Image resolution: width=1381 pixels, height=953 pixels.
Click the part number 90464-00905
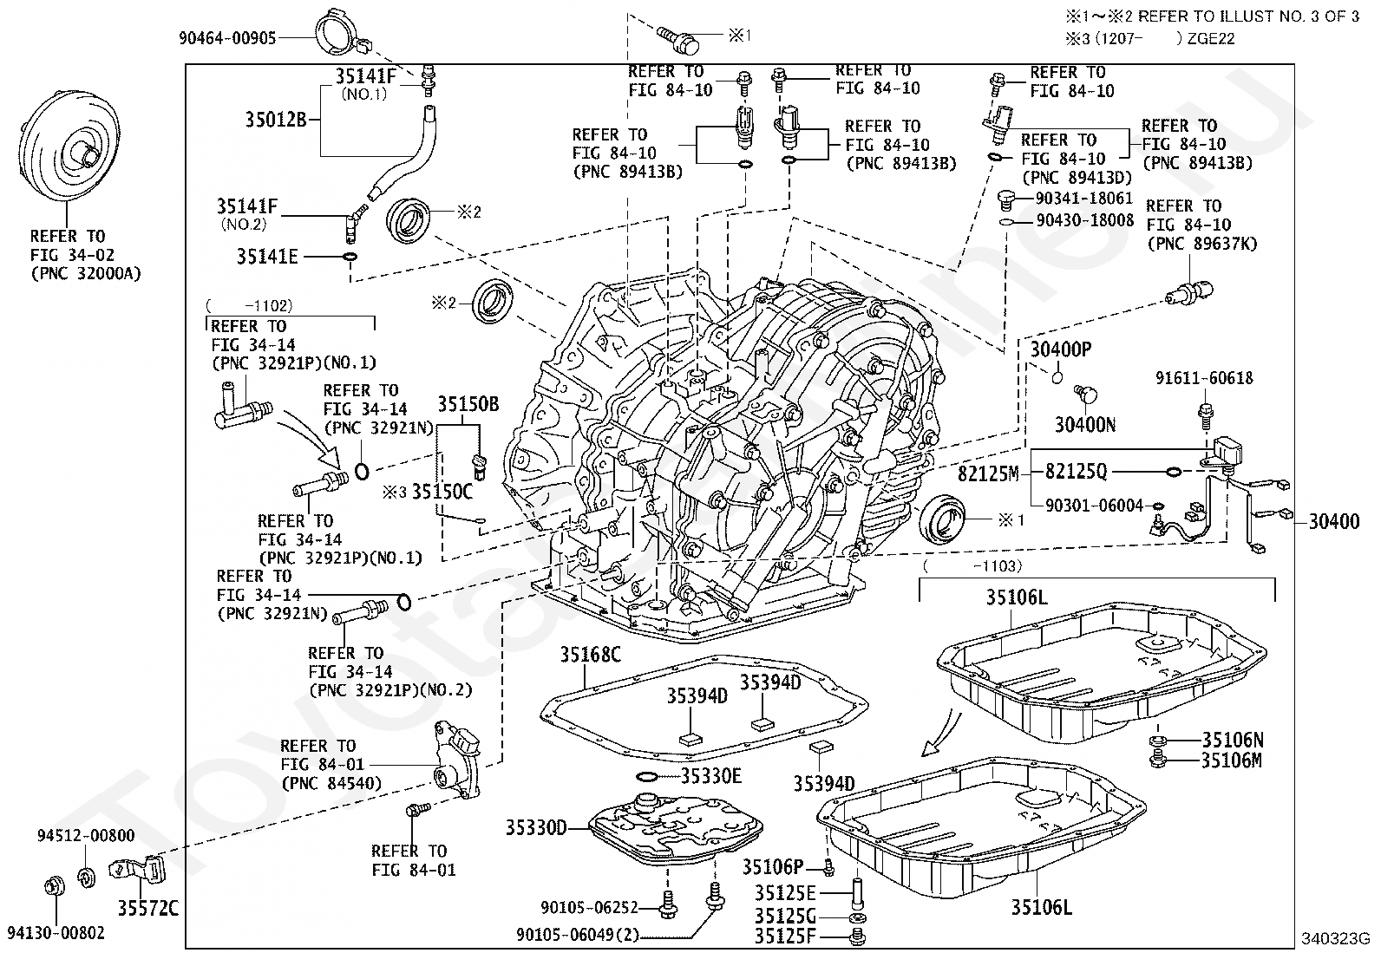[x=227, y=38]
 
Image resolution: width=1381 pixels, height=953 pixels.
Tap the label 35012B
[x=276, y=119]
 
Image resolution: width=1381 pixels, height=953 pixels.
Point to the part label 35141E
[x=267, y=257]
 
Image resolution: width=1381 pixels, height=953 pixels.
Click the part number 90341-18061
[x=1084, y=199]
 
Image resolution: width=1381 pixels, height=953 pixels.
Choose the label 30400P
[x=1061, y=349]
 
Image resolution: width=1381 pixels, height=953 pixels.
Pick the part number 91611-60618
[x=1205, y=378]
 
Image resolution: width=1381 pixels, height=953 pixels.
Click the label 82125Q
[x=1077, y=472]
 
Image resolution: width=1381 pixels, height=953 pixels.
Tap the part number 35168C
[x=591, y=654]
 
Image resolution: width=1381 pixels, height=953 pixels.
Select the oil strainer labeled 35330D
[x=676, y=829]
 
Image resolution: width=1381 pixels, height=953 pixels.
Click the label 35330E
[x=710, y=776]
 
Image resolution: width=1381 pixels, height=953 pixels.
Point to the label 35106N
[x=1233, y=740]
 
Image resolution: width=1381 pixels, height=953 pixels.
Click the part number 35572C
[x=148, y=908]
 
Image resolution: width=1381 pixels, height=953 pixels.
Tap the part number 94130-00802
[x=56, y=933]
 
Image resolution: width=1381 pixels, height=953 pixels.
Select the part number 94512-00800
[x=86, y=836]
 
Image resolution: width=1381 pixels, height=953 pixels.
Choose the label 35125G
[x=785, y=916]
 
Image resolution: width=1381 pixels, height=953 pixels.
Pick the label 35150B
[x=468, y=404]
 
